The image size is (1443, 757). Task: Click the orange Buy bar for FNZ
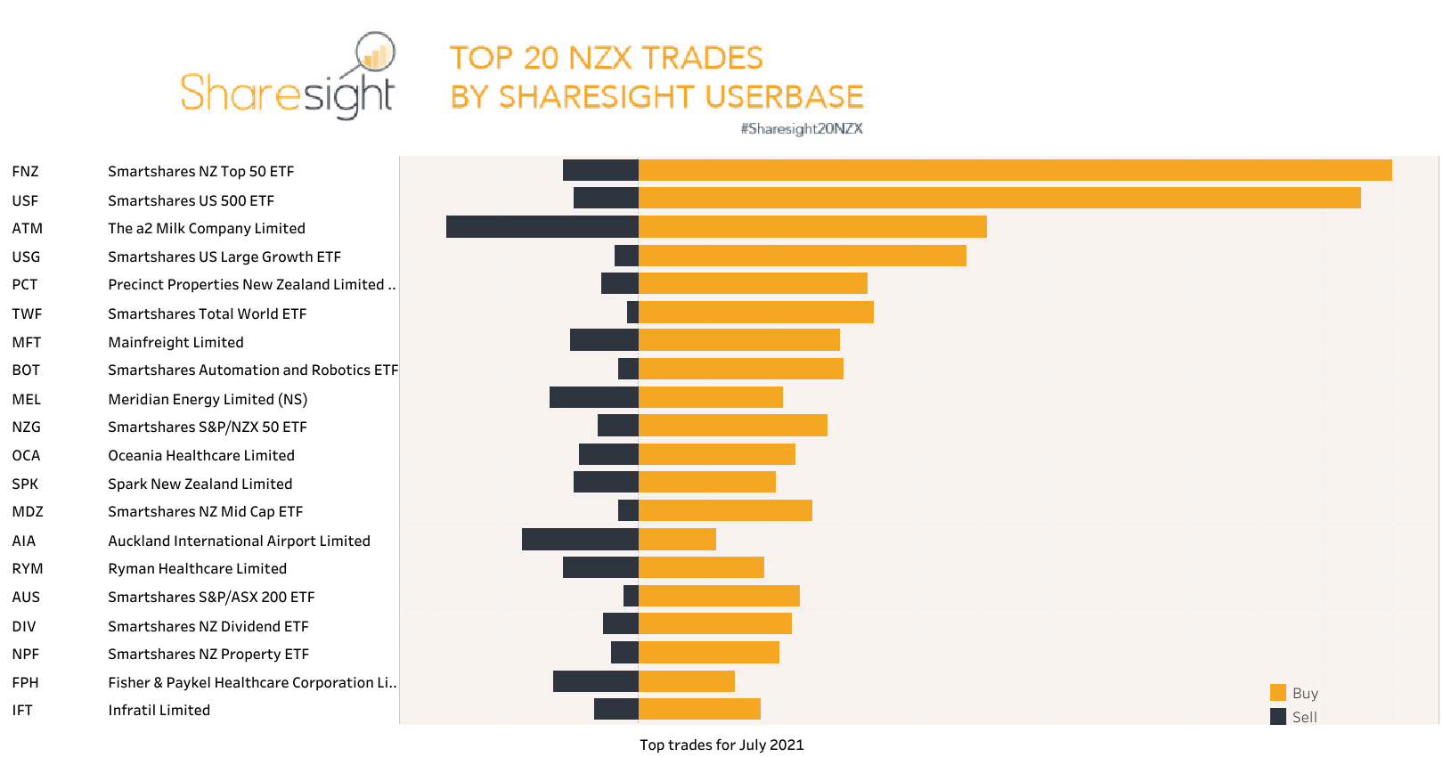click(x=1015, y=170)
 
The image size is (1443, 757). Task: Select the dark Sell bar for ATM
click(x=542, y=227)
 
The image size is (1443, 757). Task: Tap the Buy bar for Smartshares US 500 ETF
click(x=999, y=198)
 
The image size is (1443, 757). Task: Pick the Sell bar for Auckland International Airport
click(x=580, y=539)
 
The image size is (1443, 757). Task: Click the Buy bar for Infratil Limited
click(x=699, y=709)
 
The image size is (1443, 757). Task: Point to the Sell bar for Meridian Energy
click(x=594, y=397)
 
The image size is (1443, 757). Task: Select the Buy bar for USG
click(x=802, y=256)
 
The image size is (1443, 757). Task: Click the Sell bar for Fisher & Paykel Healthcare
click(x=595, y=681)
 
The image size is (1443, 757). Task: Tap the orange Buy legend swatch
click(x=1278, y=693)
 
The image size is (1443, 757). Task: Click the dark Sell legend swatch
click(x=1278, y=717)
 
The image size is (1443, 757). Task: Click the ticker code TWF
click(x=27, y=313)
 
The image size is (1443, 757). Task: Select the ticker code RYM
click(x=28, y=568)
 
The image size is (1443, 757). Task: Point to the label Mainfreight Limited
click(x=175, y=342)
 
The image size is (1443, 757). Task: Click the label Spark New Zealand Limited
click(x=200, y=484)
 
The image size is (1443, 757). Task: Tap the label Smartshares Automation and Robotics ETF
click(x=253, y=370)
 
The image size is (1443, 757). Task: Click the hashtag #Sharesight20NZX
click(x=802, y=129)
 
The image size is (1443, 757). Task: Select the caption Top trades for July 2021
click(x=721, y=745)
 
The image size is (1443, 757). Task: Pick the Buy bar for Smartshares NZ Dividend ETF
click(x=714, y=623)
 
